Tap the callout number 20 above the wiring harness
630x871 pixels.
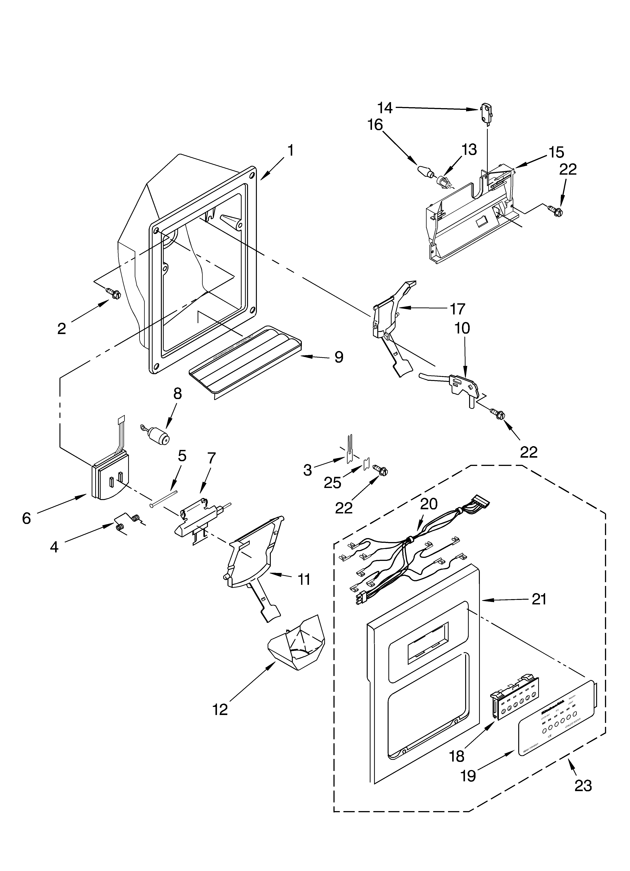click(429, 504)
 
